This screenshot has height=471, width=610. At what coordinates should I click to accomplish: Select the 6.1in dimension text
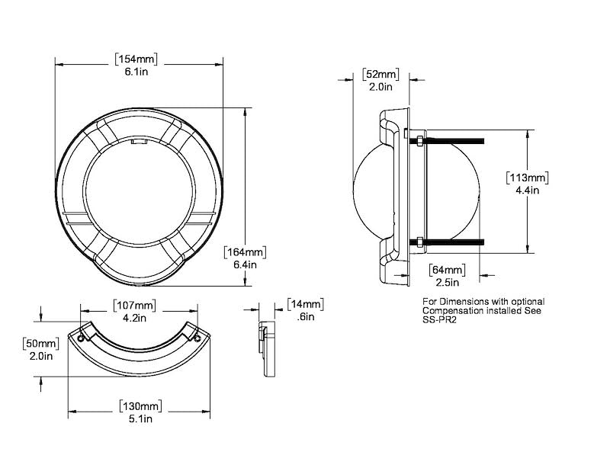tap(140, 73)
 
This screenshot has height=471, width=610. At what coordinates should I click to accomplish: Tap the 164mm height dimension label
tap(244, 252)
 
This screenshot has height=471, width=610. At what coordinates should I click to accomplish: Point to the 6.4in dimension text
tap(244, 265)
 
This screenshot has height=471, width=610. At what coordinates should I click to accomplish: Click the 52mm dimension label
tap(380, 74)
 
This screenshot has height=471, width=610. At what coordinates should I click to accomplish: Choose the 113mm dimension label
tap(528, 177)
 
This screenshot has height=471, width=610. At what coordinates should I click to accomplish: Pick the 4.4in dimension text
tap(528, 191)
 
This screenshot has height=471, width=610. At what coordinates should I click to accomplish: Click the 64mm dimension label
tap(448, 271)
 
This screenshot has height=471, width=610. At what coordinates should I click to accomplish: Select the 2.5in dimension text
tap(448, 284)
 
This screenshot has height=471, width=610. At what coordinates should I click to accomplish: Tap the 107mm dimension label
tap(136, 306)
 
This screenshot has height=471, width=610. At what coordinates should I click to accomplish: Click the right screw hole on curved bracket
tap(198, 336)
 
